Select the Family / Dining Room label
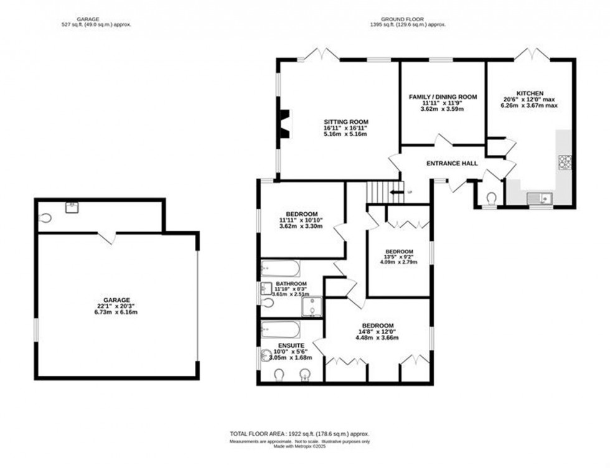click(x=443, y=97)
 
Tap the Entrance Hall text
click(x=452, y=163)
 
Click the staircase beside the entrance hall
click(x=377, y=189)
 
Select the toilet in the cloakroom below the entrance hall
click(x=490, y=198)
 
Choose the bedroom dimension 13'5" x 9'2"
click(x=398, y=255)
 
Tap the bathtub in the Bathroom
click(x=280, y=268)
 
